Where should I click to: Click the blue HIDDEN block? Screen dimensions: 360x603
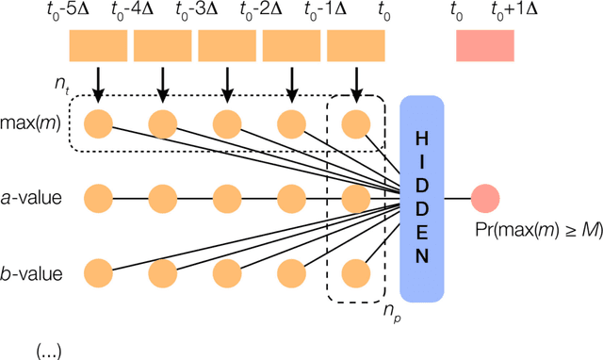[420, 199]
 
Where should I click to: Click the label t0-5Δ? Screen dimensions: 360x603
[89, 12]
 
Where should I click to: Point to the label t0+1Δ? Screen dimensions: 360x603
[513, 12]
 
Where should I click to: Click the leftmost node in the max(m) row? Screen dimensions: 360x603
[98, 123]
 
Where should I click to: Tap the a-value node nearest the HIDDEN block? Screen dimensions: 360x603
[355, 199]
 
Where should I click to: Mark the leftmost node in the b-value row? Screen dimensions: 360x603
[98, 274]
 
